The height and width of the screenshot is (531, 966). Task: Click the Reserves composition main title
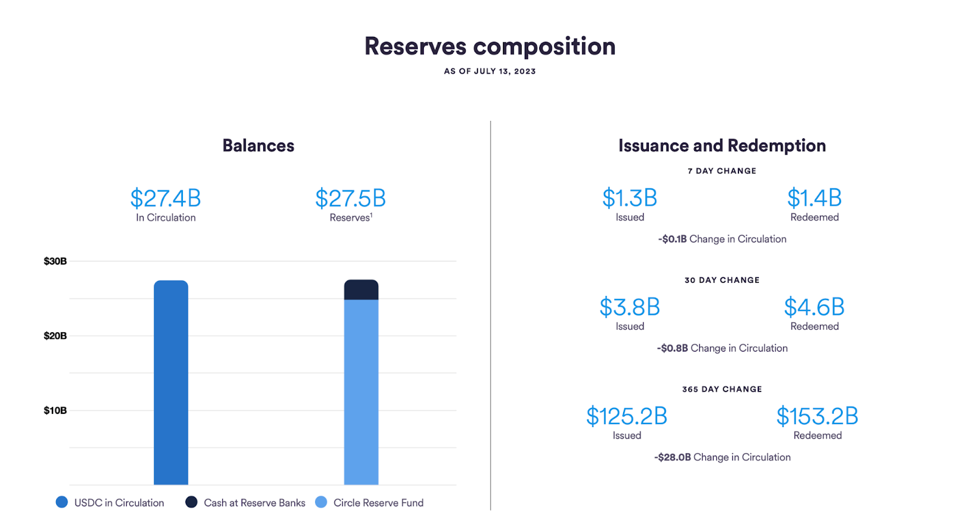pos(490,47)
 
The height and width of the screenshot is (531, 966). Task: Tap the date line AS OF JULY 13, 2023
pos(490,71)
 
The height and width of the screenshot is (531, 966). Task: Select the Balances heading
pos(258,146)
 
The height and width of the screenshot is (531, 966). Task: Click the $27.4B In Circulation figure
pos(165,198)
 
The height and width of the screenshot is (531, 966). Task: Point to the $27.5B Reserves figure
pos(351,198)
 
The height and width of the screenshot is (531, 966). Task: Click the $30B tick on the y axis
pos(55,261)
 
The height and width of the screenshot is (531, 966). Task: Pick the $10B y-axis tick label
pos(55,410)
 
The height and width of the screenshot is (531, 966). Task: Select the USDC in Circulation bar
pos(171,382)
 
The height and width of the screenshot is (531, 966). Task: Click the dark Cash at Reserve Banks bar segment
pos(362,290)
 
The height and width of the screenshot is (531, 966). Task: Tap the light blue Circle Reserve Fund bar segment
pos(362,392)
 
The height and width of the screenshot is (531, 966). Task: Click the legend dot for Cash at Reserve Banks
pos(191,502)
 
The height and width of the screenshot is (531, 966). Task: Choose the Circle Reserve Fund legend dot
pos(321,502)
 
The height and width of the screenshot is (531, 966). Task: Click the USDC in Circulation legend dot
pos(62,502)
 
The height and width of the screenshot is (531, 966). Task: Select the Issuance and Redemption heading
pos(722,146)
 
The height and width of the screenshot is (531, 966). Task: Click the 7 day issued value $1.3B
pos(630,198)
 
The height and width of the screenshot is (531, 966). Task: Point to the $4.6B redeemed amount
pos(814,307)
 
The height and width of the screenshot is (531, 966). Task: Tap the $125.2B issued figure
pos(627,416)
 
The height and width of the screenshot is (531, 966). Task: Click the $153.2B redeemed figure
pos(817,416)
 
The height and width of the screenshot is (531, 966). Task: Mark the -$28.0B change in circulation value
pos(673,457)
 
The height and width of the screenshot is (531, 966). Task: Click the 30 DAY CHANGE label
pos(722,280)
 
